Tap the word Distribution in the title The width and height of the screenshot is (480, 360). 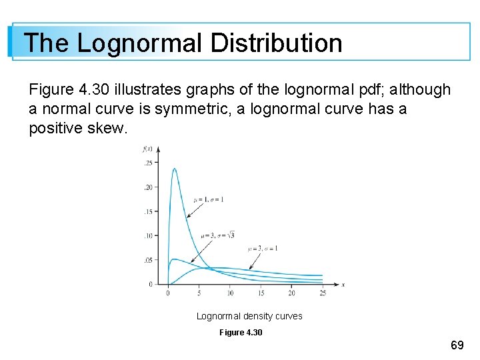pyautogui.click(x=275, y=43)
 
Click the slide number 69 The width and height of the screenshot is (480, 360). pyautogui.click(x=457, y=345)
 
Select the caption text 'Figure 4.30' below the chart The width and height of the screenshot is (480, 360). pyautogui.click(x=241, y=332)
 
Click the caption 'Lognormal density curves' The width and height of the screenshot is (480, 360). pyautogui.click(x=249, y=316)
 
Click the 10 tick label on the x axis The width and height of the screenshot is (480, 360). pyautogui.click(x=230, y=293)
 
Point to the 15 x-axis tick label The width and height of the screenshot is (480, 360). pyautogui.click(x=261, y=293)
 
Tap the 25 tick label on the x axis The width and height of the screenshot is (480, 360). pyautogui.click(x=323, y=293)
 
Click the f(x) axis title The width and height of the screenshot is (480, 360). pyautogui.click(x=148, y=148)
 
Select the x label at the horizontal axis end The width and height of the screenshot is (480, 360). pyautogui.click(x=343, y=285)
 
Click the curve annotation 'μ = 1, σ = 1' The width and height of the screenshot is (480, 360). pyautogui.click(x=209, y=199)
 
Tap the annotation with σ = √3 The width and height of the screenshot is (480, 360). pyautogui.click(x=217, y=235)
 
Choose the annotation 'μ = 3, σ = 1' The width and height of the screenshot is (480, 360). pyautogui.click(x=263, y=248)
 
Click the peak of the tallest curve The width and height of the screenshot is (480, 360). pyautogui.click(x=175, y=169)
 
